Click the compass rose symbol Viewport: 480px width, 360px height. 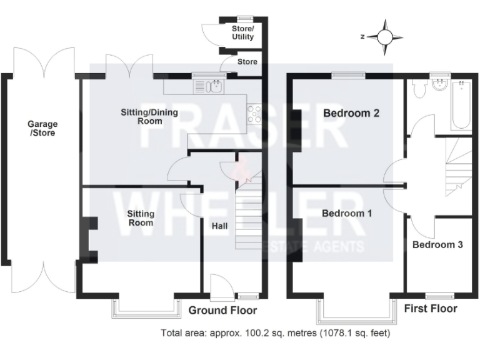coord(385,37)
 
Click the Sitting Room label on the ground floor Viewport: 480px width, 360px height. coord(141,217)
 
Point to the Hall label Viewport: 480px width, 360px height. coord(220,226)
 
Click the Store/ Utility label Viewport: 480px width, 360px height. coord(243,33)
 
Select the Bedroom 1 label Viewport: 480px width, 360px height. coord(347,214)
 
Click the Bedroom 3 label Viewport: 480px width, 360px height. coord(437,245)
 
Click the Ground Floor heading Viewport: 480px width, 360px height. coord(222,311)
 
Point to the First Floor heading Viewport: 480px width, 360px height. coord(431,309)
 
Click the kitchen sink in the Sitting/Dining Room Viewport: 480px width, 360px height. coord(214,86)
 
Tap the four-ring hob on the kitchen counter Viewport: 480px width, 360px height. coord(255,113)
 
